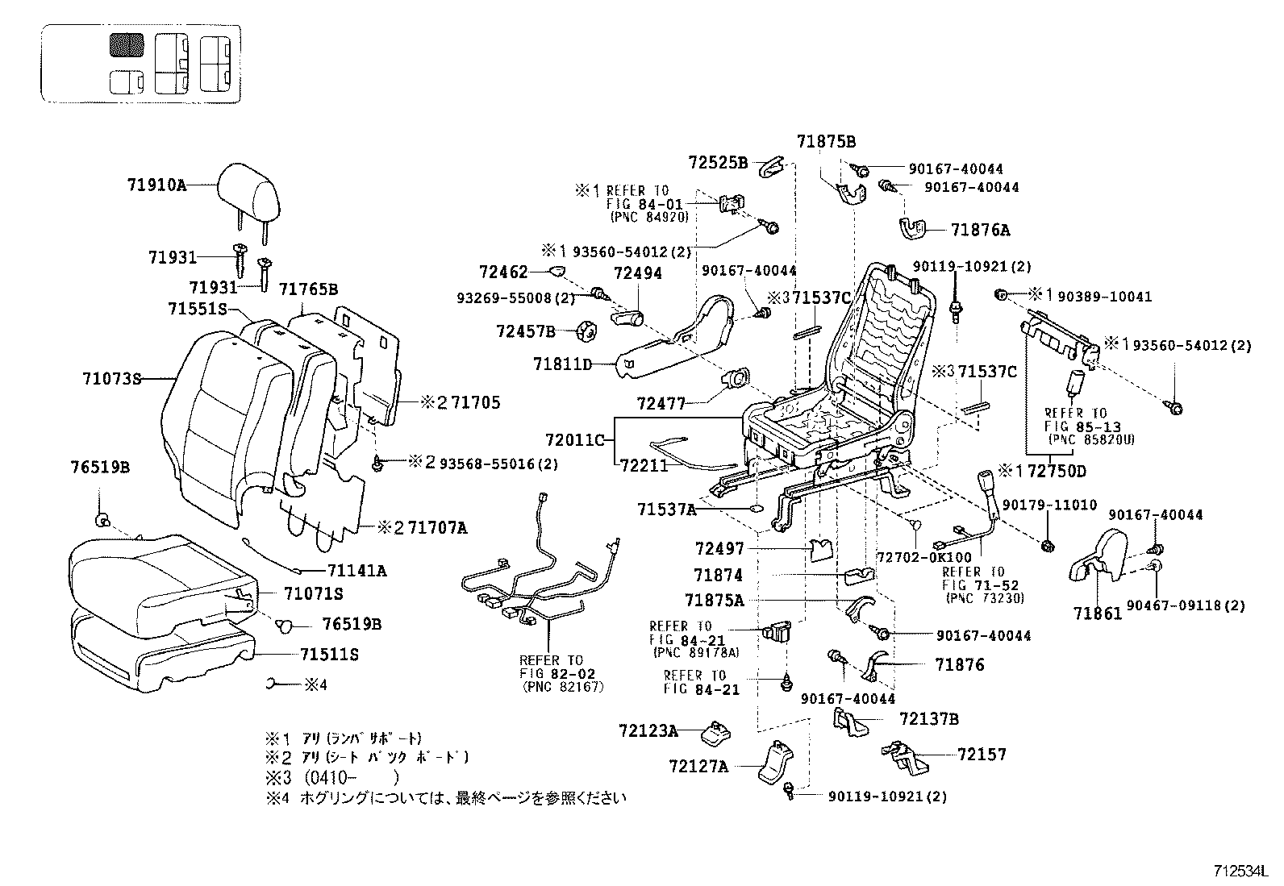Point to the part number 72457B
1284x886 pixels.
[526, 331]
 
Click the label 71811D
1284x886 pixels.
[562, 364]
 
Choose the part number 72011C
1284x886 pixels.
[574, 440]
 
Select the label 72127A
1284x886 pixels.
[698, 765]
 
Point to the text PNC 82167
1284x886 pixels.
[562, 686]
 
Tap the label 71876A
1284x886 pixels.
[980, 230]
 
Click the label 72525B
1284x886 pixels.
[718, 162]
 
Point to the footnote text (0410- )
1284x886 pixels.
[351, 777]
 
